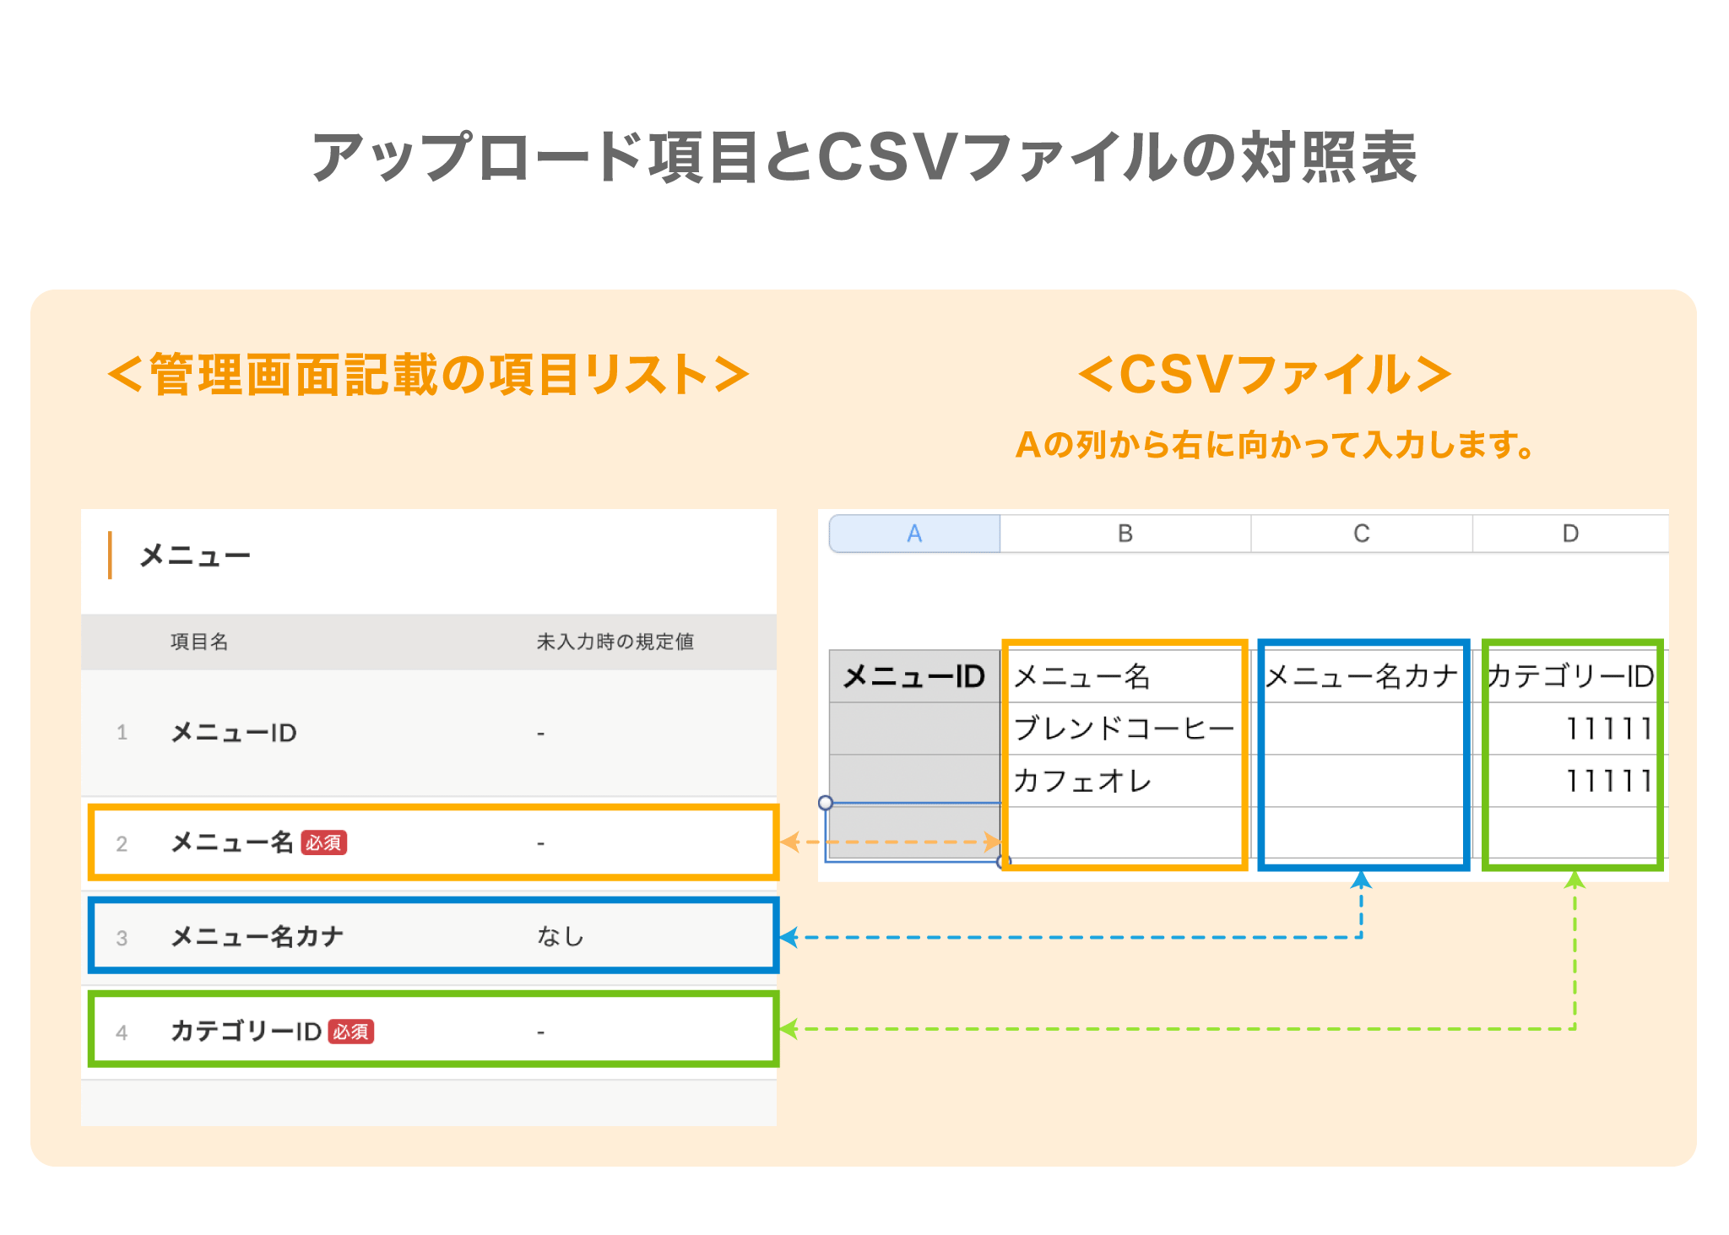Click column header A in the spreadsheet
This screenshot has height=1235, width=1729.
pyautogui.click(x=914, y=534)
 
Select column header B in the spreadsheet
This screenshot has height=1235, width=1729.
pyautogui.click(x=1125, y=534)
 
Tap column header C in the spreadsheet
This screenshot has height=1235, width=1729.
pyautogui.click(x=1361, y=534)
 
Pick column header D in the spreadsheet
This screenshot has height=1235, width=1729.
pyautogui.click(x=1570, y=534)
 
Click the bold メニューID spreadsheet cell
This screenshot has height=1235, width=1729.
pyautogui.click(x=914, y=676)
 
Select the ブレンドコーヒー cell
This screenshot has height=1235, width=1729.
pyautogui.click(x=1124, y=729)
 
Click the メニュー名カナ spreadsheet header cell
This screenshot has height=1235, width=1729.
pyautogui.click(x=1362, y=676)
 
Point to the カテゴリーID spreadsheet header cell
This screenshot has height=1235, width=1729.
pyautogui.click(x=1570, y=676)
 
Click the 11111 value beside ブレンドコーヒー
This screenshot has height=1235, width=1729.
pyautogui.click(x=1608, y=729)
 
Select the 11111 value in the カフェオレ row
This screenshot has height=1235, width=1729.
pyautogui.click(x=1608, y=781)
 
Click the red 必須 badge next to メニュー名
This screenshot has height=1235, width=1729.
pyautogui.click(x=324, y=842)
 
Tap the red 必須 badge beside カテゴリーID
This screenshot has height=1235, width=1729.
pyautogui.click(x=351, y=1032)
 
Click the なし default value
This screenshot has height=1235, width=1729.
pyautogui.click(x=561, y=936)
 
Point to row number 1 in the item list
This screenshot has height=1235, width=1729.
pyautogui.click(x=122, y=733)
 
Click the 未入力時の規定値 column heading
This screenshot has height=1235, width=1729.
pyautogui.click(x=615, y=642)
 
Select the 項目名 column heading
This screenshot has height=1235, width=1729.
pyautogui.click(x=199, y=642)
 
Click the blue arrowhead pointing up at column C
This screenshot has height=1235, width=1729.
pyautogui.click(x=1361, y=880)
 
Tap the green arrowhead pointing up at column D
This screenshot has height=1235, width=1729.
pyautogui.click(x=1575, y=880)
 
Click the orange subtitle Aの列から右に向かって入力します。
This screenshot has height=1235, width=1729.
pyautogui.click(x=1275, y=445)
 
